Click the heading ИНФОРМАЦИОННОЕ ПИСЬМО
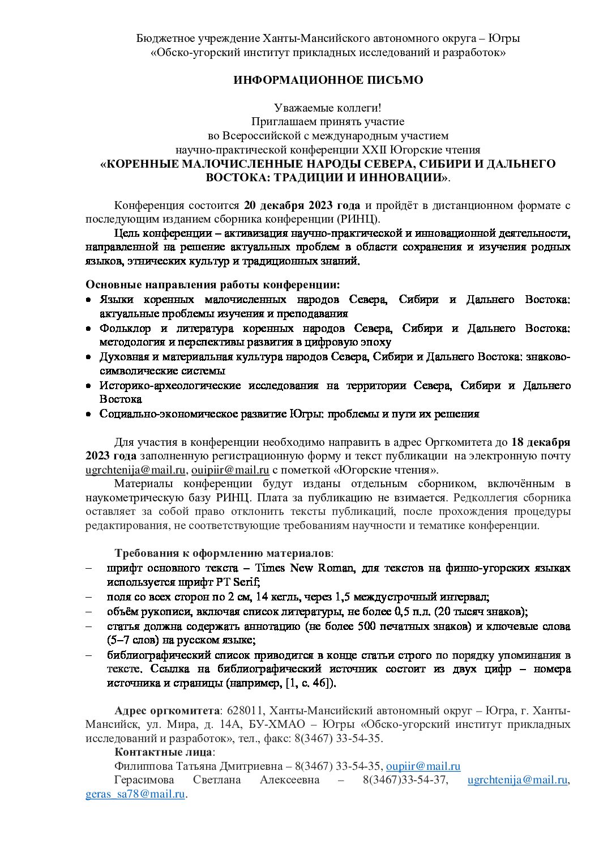coord(328,80)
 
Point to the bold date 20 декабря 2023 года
coord(302,205)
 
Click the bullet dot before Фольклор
coord(88,329)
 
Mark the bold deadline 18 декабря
coord(541,442)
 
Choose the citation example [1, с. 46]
coord(308,683)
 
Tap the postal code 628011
coord(244,711)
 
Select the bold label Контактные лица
coord(163,752)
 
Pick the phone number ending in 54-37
coord(405,780)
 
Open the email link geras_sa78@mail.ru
coord(135,794)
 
